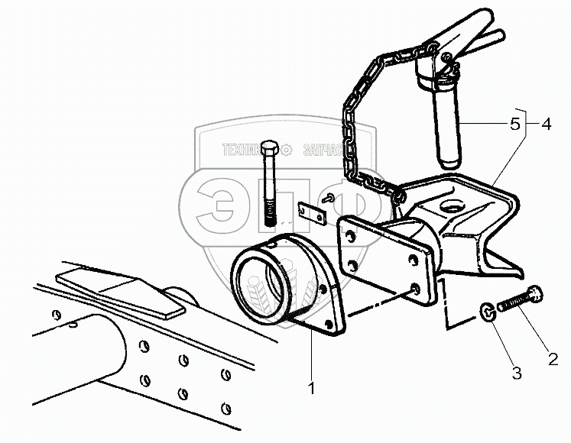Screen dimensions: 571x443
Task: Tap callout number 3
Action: point(517,373)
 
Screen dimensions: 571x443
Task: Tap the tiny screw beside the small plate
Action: point(327,198)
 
